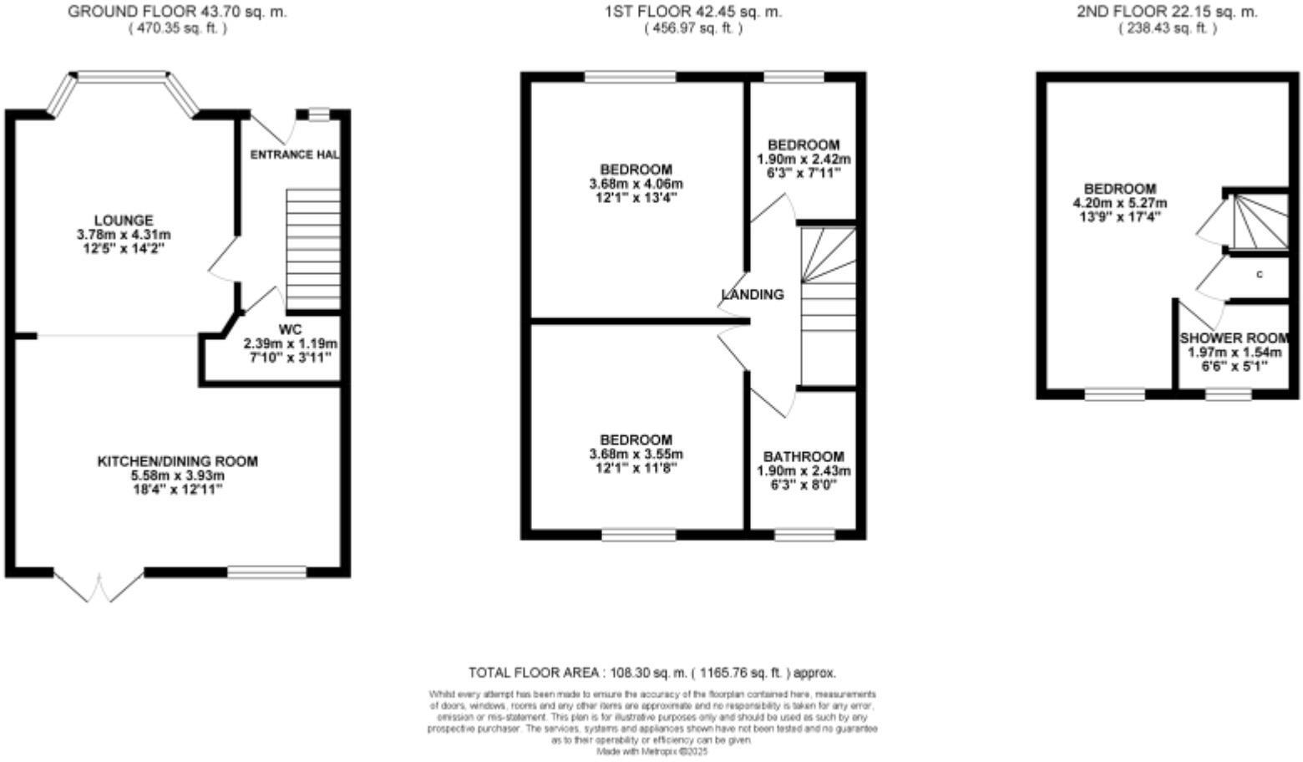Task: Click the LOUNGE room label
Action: tap(123, 221)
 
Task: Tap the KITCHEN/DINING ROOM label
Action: tap(178, 461)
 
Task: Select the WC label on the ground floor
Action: tap(290, 329)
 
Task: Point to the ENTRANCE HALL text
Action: tap(295, 155)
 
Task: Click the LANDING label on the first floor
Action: tap(753, 294)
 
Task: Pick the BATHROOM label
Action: tap(803, 457)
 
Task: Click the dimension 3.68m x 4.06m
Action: tap(636, 184)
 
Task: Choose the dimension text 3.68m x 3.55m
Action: tap(636, 455)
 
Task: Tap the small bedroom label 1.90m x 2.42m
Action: tap(803, 159)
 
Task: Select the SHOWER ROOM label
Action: tap(1234, 338)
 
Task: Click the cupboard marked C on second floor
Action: tap(1259, 275)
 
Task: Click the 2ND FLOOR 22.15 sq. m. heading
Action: tap(1167, 12)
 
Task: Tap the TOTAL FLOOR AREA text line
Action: tap(651, 673)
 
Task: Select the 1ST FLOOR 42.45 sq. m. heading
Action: tap(692, 12)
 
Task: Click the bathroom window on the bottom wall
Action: tap(804, 535)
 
